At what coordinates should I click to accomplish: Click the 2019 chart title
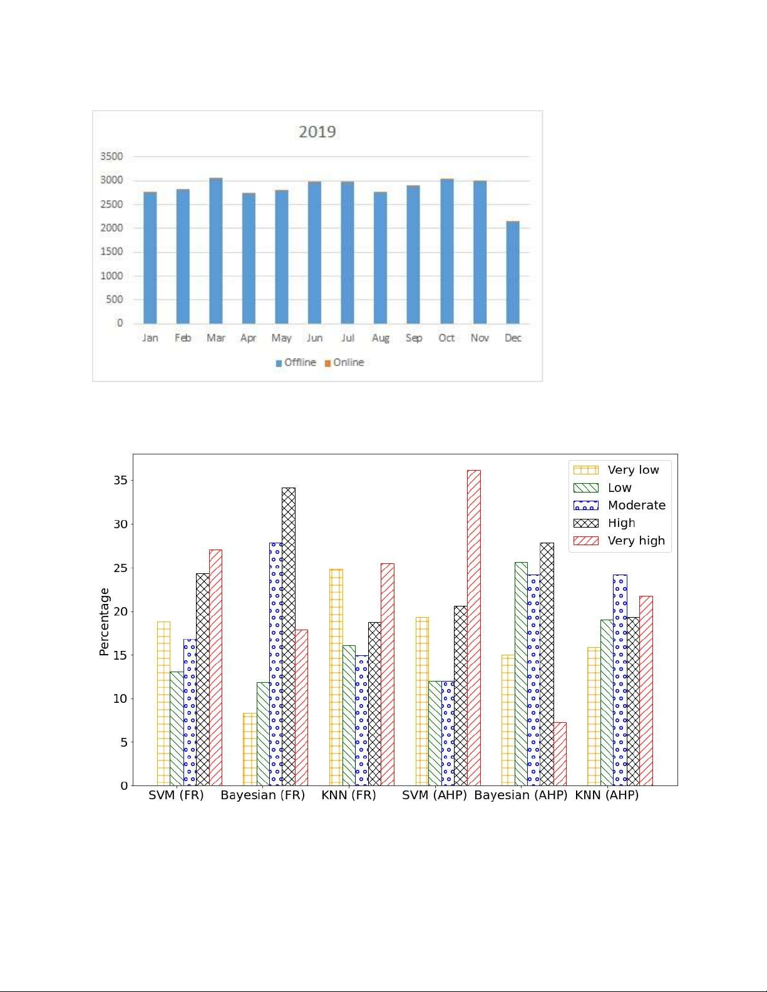(x=317, y=131)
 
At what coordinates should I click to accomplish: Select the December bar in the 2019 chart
(x=512, y=272)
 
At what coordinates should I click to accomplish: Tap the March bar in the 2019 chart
(x=215, y=250)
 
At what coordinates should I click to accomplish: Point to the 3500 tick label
(x=111, y=156)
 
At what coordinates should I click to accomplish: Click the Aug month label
(x=381, y=338)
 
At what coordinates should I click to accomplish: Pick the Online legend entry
(x=344, y=362)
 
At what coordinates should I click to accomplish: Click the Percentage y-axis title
(x=104, y=621)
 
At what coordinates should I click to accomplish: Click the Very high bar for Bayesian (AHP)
(x=560, y=754)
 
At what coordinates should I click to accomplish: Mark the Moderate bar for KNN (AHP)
(x=620, y=680)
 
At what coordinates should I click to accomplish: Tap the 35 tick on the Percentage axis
(x=120, y=481)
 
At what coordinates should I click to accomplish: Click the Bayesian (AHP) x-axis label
(x=521, y=795)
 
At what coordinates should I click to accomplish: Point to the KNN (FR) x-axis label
(x=349, y=795)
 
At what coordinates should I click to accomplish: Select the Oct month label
(x=446, y=338)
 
